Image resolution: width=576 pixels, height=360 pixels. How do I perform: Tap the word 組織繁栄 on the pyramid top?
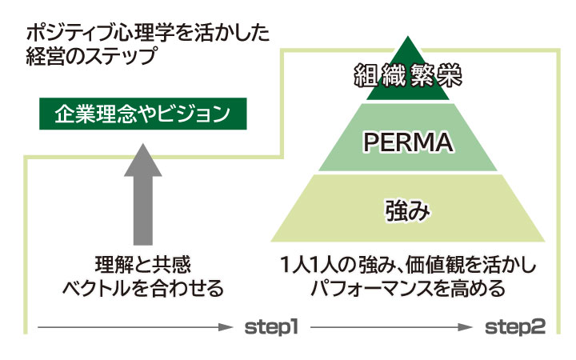(409, 78)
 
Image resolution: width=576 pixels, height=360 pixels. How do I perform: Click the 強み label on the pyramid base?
(408, 211)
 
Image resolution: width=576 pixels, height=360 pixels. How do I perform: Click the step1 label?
(270, 326)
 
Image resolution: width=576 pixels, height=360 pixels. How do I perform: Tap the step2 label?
(516, 326)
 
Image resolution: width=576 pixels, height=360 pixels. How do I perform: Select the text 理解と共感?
(142, 264)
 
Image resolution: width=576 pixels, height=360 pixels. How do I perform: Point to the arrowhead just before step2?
(470, 327)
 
